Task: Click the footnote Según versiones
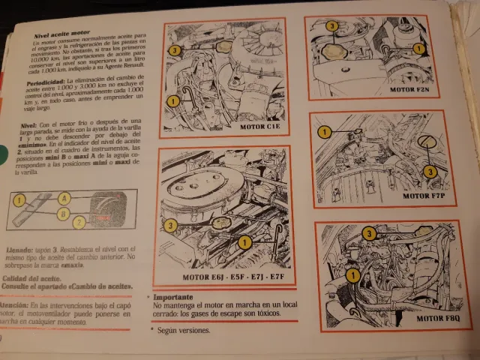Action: click(x=184, y=330)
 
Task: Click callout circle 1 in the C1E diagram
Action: click(x=172, y=99)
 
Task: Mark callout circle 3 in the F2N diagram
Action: click(x=331, y=26)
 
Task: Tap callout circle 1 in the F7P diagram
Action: click(x=325, y=132)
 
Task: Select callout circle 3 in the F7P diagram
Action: click(x=430, y=172)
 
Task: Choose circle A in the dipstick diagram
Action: click(x=64, y=198)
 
